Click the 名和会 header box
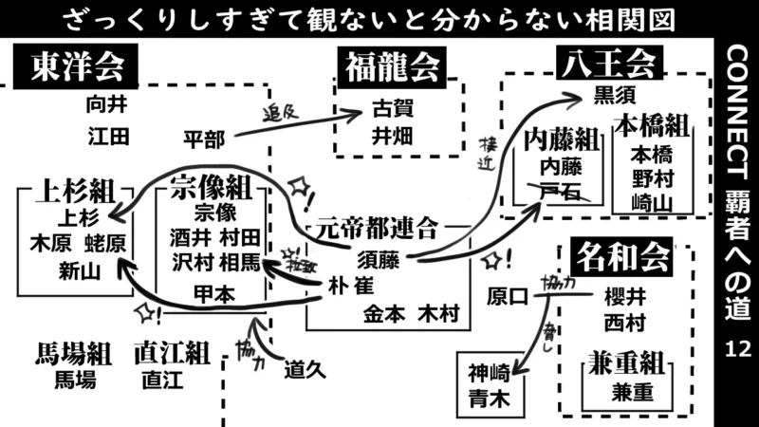coord(620,256)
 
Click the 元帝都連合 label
coord(378,228)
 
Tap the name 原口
coord(507,296)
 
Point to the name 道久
coord(305,371)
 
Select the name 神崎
coord(488,373)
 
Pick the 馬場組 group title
coord(74,355)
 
